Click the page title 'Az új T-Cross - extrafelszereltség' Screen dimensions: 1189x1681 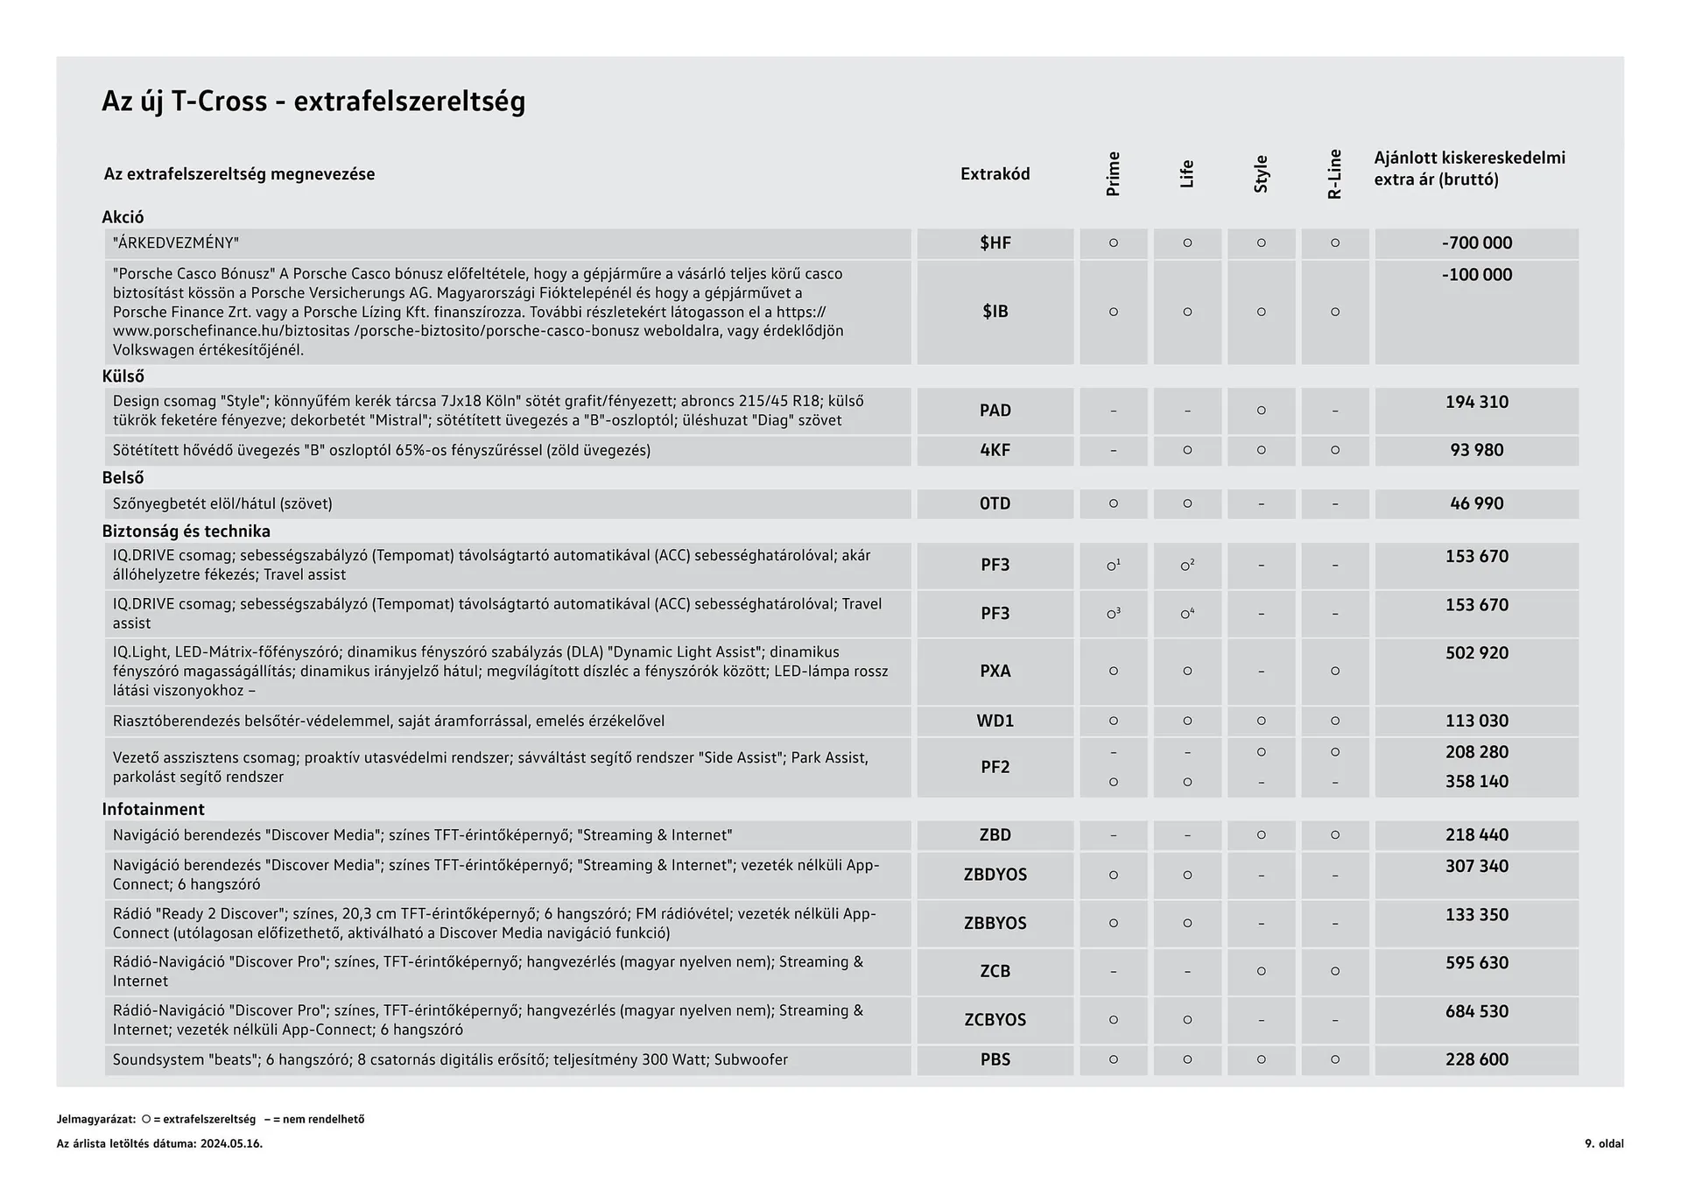pyautogui.click(x=313, y=102)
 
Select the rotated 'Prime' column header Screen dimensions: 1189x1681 pyautogui.click(x=1113, y=173)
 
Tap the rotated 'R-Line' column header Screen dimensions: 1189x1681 pyautogui.click(x=1334, y=173)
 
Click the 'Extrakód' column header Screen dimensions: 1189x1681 pyautogui.click(x=995, y=173)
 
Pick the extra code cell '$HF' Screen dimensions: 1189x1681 pyautogui.click(x=995, y=243)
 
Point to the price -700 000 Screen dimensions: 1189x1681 pyautogui.click(x=1476, y=243)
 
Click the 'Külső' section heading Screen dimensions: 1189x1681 pyautogui.click(x=123, y=376)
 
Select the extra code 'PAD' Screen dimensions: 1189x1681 pyautogui.click(x=995, y=411)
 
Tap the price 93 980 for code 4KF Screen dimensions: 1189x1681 pyautogui.click(x=1476, y=450)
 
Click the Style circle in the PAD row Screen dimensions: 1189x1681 pyautogui.click(x=1261, y=411)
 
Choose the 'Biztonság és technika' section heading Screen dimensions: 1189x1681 pyautogui.click(x=186, y=531)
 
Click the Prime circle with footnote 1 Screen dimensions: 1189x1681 pyautogui.click(x=1113, y=566)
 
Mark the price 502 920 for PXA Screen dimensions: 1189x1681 pyautogui.click(x=1476, y=653)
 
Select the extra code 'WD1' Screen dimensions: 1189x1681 pyautogui.click(x=995, y=721)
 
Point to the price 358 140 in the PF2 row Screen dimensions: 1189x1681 pyautogui.click(x=1476, y=782)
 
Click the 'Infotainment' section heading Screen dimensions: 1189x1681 pyautogui.click(x=153, y=810)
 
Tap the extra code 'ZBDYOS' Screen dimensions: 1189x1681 pyautogui.click(x=995, y=875)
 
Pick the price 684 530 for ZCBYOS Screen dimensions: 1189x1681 pyautogui.click(x=1476, y=1012)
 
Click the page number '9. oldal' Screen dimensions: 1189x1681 pyautogui.click(x=1603, y=1143)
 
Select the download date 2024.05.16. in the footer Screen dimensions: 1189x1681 pyautogui.click(x=231, y=1143)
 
